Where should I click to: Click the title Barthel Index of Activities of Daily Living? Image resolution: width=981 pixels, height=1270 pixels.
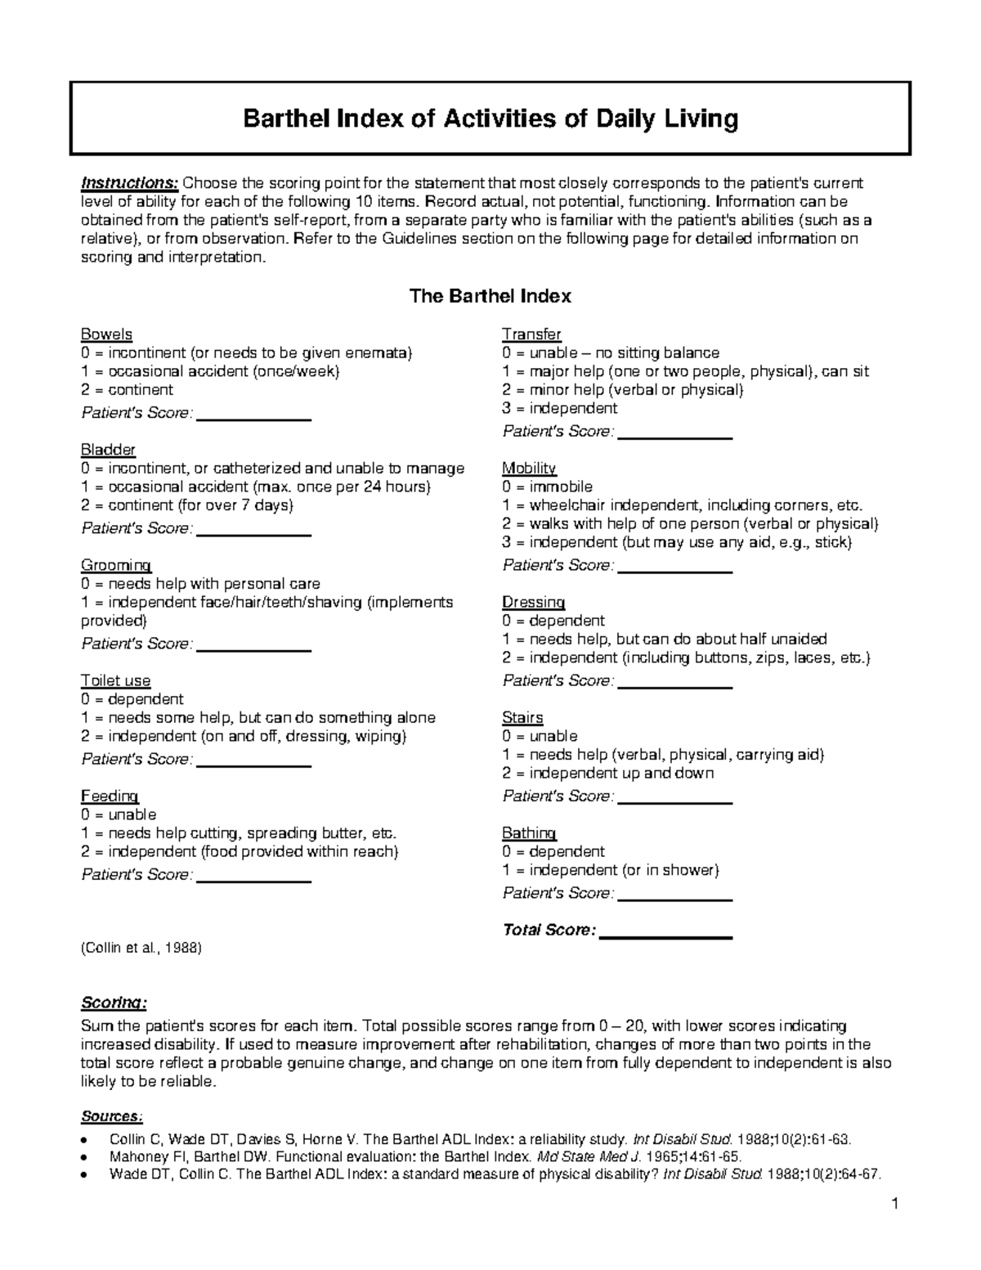point(490,119)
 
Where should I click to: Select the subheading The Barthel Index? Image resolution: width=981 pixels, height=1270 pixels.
point(490,296)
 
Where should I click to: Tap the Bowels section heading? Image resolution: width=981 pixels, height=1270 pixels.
point(106,334)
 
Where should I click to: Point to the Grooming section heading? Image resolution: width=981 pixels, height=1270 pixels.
point(115,565)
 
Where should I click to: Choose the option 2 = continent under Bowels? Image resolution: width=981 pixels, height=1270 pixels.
point(127,390)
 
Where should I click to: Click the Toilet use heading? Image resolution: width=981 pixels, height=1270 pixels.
point(115,680)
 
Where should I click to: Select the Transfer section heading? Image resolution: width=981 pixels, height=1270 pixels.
point(531,334)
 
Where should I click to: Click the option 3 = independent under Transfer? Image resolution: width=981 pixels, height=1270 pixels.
point(560,408)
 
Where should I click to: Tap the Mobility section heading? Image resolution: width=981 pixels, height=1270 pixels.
point(529,469)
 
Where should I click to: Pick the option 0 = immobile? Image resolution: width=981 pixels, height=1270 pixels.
point(548,487)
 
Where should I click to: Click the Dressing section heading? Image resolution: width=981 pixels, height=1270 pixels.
point(533,603)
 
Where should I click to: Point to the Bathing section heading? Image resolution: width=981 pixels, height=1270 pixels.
point(529,833)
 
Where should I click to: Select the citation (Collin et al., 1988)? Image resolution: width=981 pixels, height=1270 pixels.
point(141,948)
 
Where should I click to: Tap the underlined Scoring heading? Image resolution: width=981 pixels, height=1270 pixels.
point(114,1003)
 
